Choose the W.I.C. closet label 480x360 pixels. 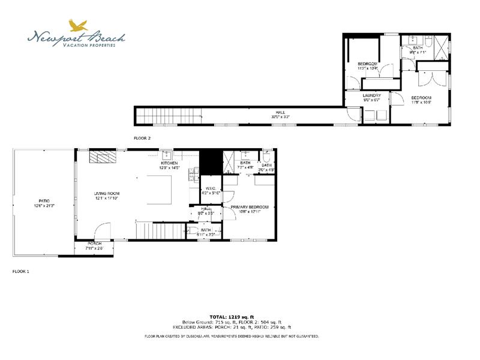pyautogui.click(x=211, y=191)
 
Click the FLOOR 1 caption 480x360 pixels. pyautogui.click(x=21, y=271)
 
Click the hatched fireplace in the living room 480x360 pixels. pyautogui.click(x=103, y=157)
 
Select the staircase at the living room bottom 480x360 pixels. pyautogui.click(x=158, y=230)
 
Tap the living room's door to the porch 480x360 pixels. pyautogui.click(x=103, y=231)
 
